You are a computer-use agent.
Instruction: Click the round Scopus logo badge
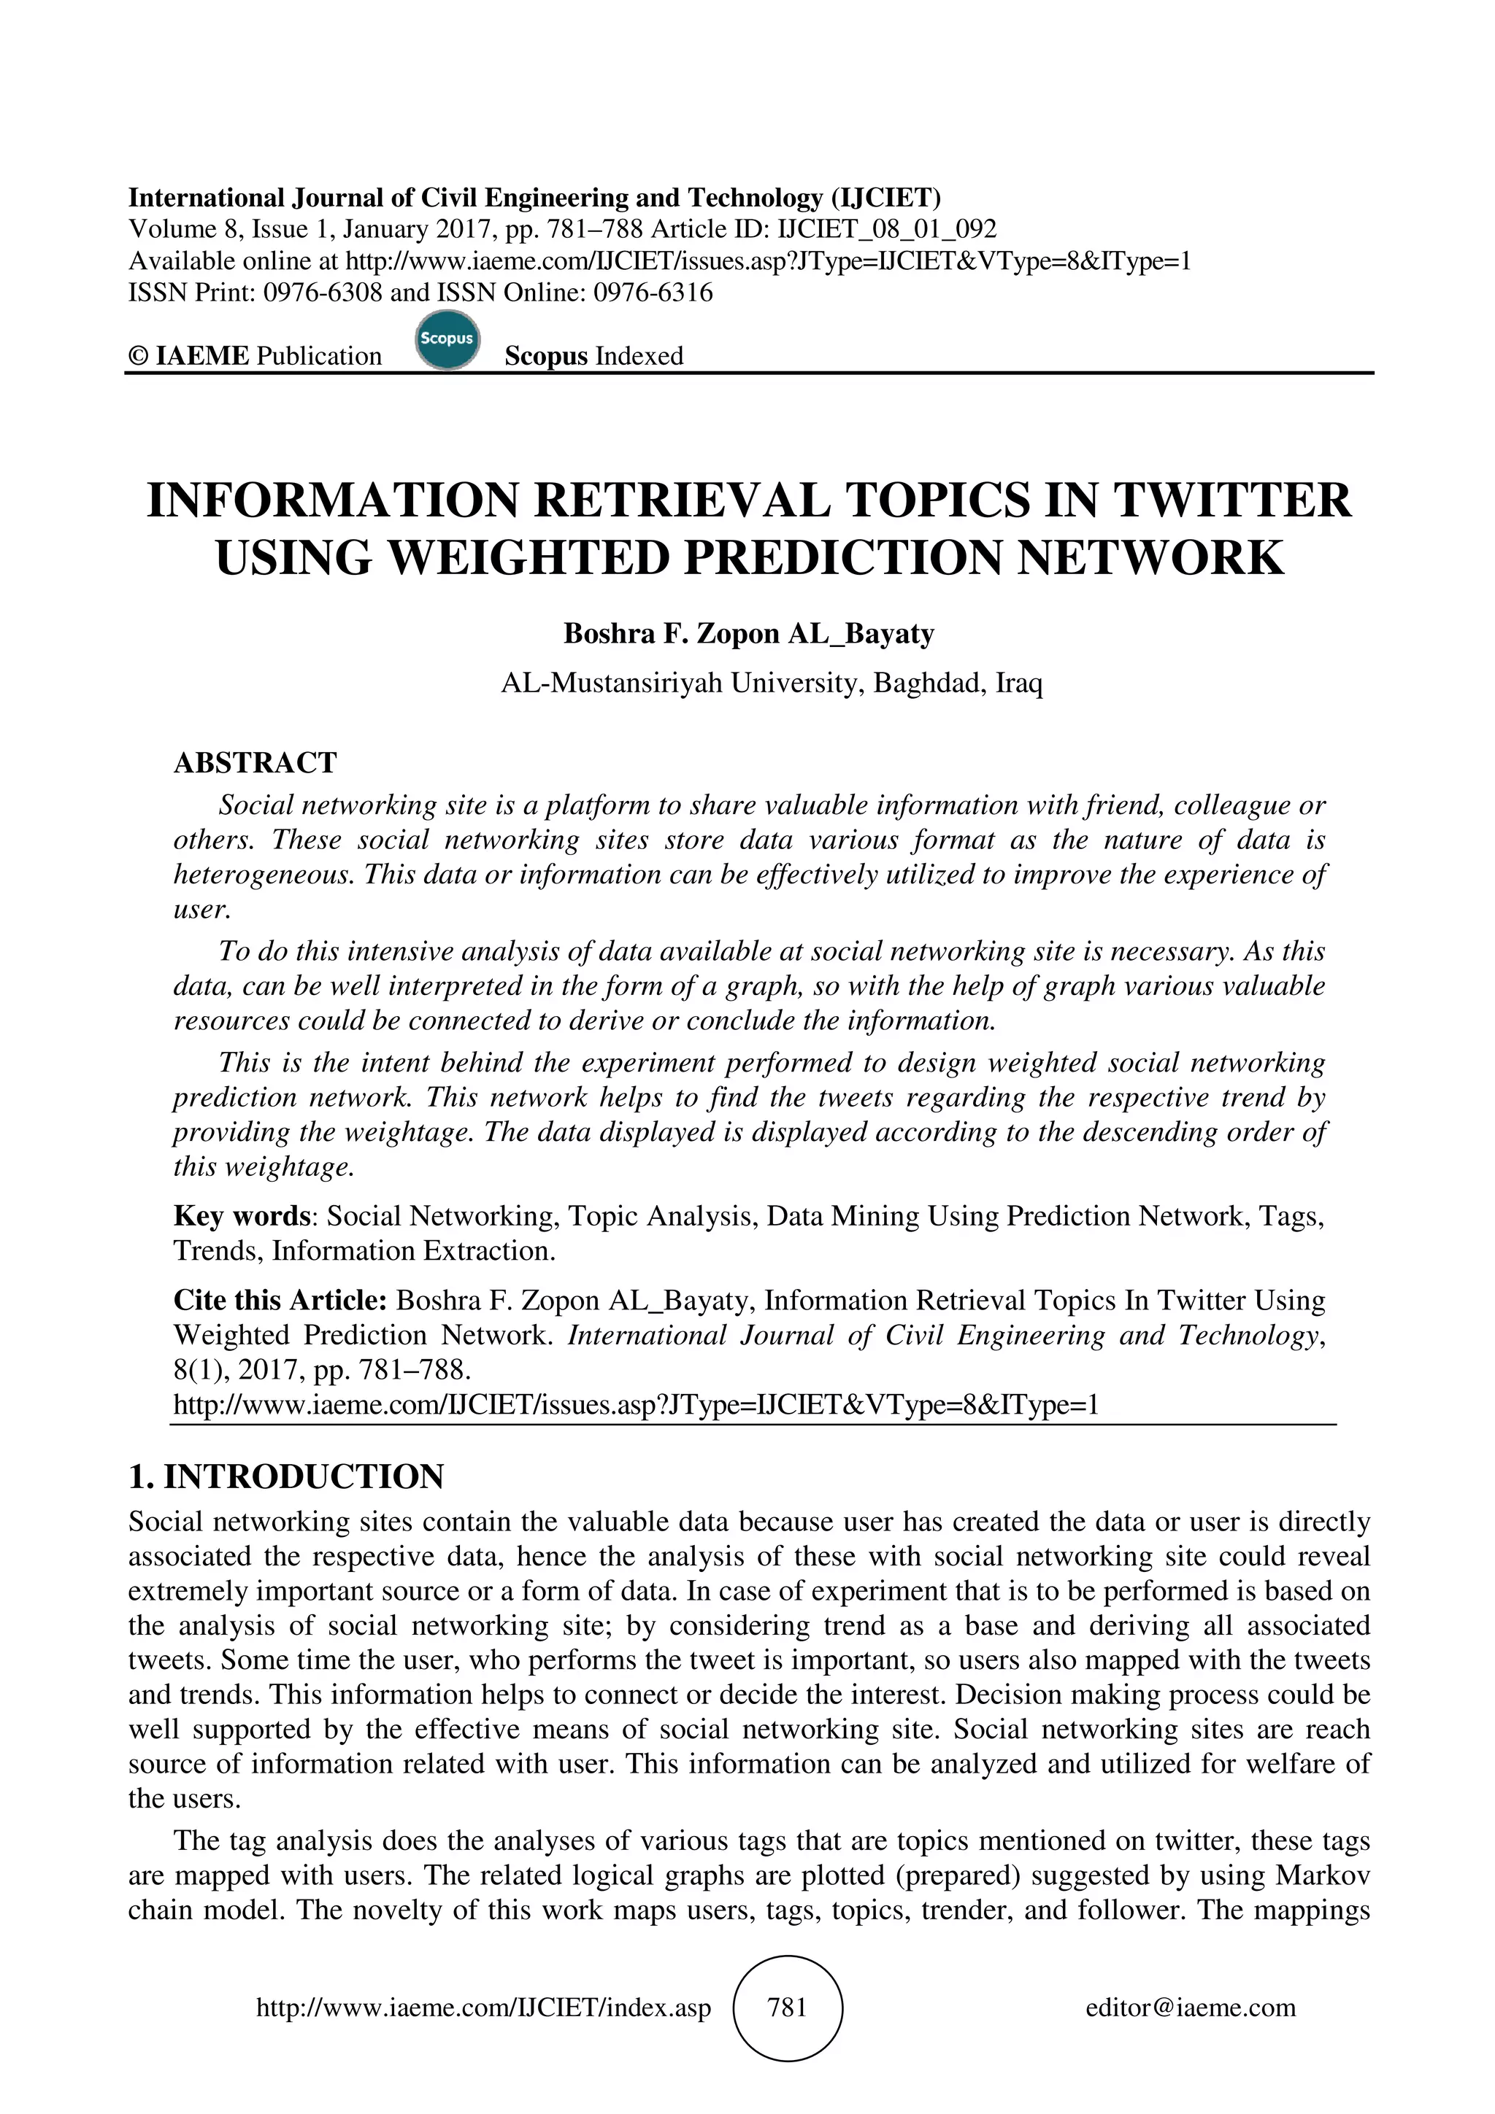[x=447, y=341]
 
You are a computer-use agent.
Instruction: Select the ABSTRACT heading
[x=255, y=762]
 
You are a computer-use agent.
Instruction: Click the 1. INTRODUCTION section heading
[x=285, y=1477]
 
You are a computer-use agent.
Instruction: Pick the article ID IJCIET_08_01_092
[x=887, y=229]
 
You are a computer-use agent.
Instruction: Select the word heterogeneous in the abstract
[x=264, y=874]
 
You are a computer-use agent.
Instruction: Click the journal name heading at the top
[x=534, y=197]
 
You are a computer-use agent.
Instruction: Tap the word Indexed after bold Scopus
[x=639, y=356]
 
